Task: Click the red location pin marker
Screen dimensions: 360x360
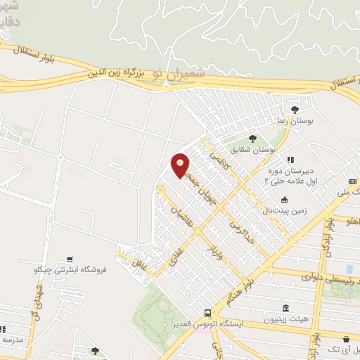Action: click(181, 165)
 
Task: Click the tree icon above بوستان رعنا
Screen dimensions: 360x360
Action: click(295, 109)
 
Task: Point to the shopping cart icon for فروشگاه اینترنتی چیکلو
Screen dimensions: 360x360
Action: click(70, 259)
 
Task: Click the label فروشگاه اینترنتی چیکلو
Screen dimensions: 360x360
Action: click(70, 269)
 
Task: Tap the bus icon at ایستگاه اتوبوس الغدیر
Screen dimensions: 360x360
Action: click(207, 313)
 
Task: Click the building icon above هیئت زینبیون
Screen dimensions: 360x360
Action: click(285, 309)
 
